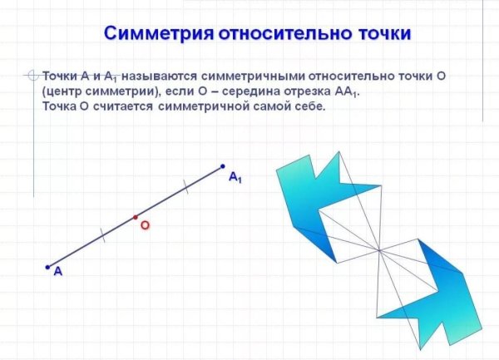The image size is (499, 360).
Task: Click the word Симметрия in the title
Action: tap(157, 35)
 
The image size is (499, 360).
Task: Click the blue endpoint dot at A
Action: tap(47, 267)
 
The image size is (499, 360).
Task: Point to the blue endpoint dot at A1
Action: tap(223, 165)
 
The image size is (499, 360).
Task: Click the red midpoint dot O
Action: tap(136, 217)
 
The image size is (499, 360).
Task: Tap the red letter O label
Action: tap(145, 225)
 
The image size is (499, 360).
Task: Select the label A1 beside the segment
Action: tap(235, 177)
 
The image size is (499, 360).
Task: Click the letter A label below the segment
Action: tap(57, 272)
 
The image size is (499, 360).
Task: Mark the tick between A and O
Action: tap(102, 236)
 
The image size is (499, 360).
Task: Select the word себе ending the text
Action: tap(310, 108)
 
